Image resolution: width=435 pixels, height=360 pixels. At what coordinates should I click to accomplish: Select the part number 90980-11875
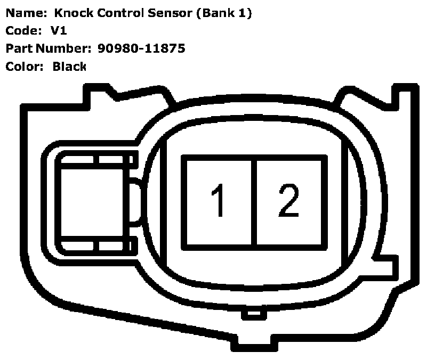pos(141,48)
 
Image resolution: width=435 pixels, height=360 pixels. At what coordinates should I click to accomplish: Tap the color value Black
pos(69,67)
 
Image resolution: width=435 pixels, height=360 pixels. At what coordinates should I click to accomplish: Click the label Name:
pos(22,13)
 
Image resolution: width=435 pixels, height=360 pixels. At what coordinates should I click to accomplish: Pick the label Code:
pos(22,31)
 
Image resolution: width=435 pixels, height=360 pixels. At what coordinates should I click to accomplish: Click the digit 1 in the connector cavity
pos(217,201)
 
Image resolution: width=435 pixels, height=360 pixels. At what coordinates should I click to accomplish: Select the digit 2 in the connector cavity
pos(289,201)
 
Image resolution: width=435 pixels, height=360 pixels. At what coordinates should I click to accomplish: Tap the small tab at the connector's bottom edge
pos(254,314)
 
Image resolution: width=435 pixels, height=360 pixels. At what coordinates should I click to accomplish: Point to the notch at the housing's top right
pos(347,99)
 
